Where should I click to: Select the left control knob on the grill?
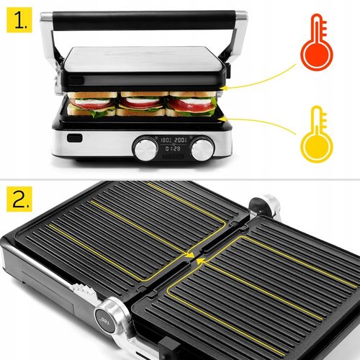[x=146, y=149]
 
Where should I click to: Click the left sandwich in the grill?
[x=92, y=104]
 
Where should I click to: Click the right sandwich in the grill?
[x=190, y=104]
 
